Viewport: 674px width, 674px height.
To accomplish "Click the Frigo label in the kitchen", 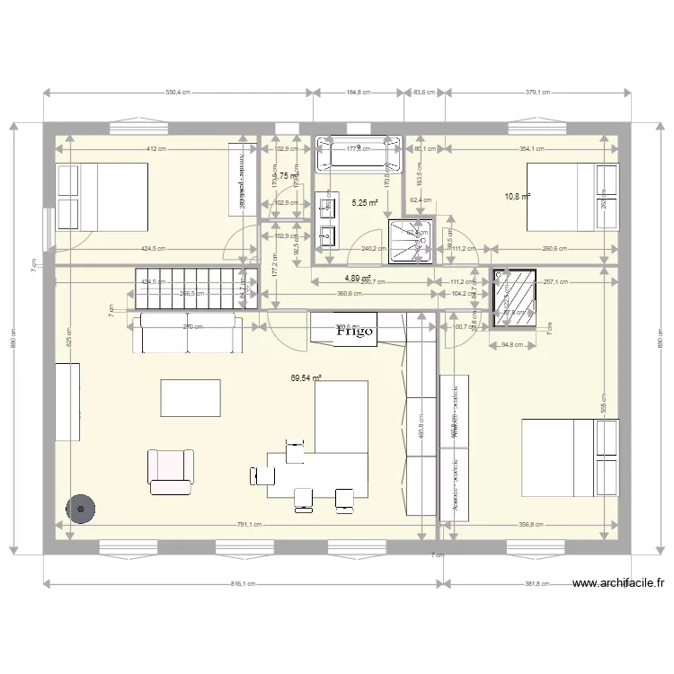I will click(356, 331).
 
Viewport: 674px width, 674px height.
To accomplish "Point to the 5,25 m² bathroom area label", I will click(365, 203).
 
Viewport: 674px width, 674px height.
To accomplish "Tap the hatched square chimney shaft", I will click(516, 297).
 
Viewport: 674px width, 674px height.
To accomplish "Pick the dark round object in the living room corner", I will click(82, 509).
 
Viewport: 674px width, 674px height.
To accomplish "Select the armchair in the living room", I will click(171, 471).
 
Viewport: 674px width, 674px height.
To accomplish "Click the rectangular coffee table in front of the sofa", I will click(191, 397).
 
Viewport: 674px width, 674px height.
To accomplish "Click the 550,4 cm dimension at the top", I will click(177, 92).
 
